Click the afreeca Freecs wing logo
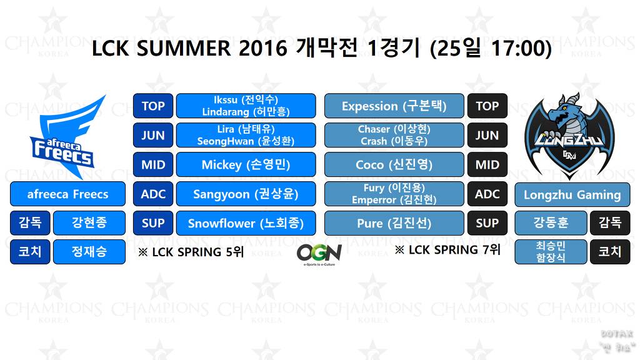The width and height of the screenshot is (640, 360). (67, 132)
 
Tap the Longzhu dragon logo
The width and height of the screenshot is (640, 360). (569, 134)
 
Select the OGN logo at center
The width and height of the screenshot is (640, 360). (319, 254)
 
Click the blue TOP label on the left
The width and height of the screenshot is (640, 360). (152, 106)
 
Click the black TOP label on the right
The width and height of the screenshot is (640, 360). (487, 106)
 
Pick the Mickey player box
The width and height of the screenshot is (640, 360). (246, 165)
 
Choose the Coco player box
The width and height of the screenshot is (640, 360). (394, 165)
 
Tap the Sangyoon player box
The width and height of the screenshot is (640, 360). (246, 194)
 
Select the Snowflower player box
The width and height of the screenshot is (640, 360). (246, 223)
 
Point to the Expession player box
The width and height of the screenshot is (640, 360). (394, 106)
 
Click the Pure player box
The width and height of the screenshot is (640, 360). (394, 223)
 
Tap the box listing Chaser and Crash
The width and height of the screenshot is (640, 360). (394, 135)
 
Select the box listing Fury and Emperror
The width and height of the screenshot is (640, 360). (394, 194)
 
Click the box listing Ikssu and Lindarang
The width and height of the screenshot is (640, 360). (246, 106)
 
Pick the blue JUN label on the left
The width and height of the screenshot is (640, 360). (152, 135)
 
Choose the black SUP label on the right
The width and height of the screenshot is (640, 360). (487, 223)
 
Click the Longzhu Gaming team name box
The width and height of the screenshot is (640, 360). (572, 194)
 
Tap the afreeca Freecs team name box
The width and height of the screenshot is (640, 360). (67, 194)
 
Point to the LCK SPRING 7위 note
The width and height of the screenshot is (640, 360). (447, 250)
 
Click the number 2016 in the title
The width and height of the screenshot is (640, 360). (262, 48)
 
